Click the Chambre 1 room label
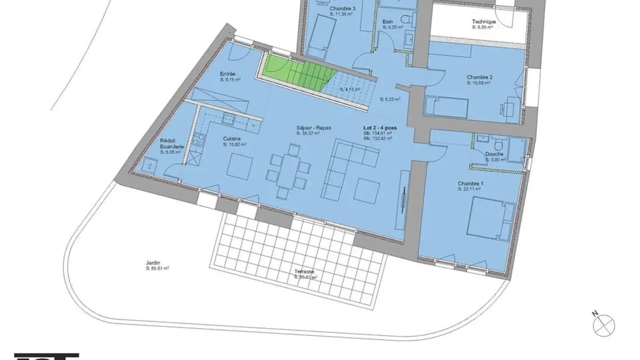point(470,184)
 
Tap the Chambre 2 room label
point(479,77)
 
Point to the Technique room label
point(484,21)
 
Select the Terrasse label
point(305,272)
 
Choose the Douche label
point(494,154)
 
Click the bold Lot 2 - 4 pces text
point(380,128)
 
